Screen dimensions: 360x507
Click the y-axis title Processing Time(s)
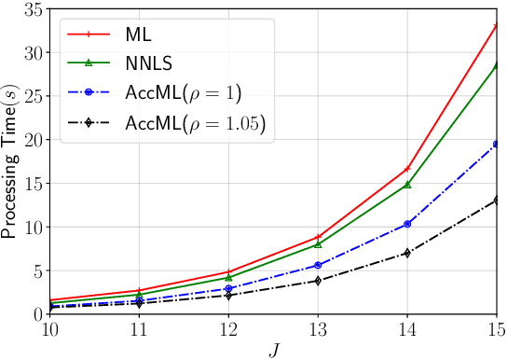point(13,160)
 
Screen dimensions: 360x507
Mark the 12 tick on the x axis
point(229,329)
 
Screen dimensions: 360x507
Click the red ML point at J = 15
point(498,25)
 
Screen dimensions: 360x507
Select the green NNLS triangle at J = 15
point(498,64)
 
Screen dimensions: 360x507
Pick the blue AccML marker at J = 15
point(498,144)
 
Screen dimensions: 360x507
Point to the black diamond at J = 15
point(498,200)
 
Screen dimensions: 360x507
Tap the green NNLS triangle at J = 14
point(407,185)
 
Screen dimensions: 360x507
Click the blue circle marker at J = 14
point(407,224)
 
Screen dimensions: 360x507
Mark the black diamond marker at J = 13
point(317,281)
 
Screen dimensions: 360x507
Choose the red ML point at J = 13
point(317,237)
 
